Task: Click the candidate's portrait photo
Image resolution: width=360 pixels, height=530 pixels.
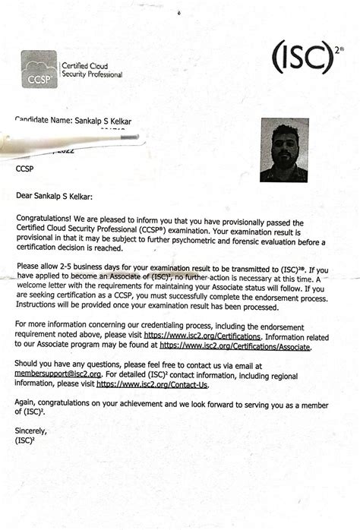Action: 284,150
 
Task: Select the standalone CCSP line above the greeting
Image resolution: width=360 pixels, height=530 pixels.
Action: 26,169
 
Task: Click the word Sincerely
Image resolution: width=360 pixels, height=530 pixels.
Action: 31,431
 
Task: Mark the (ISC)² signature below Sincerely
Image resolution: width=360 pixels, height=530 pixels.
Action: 26,440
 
